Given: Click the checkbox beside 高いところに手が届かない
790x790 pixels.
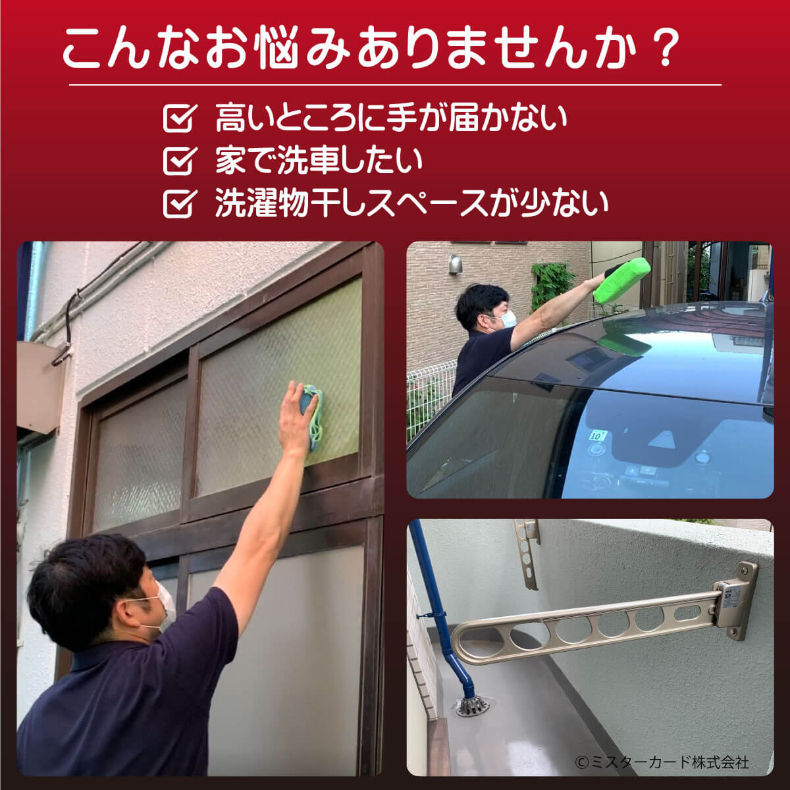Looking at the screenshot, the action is pos(180,118).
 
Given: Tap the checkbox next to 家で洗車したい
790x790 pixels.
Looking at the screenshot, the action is pos(180,161).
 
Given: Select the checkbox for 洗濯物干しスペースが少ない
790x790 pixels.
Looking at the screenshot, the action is pos(180,203).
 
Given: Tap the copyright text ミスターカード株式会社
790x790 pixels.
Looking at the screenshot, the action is pos(662,762).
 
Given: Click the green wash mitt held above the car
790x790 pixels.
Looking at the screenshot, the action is pos(622,279).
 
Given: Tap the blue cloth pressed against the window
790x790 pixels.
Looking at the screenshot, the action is pos(311,414).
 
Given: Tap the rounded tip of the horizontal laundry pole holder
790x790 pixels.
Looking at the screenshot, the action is pos(458,645).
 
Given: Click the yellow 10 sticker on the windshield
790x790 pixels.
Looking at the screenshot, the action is pos(597,435).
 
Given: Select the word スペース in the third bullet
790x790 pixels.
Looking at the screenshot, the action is pos(425,203).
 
